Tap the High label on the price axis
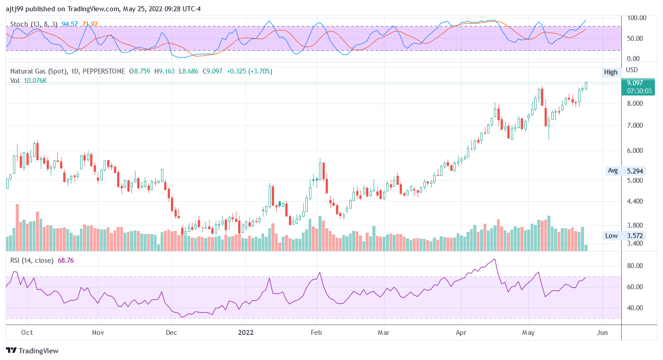coord(611,72)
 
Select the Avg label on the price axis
coord(612,170)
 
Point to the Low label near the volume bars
coord(611,236)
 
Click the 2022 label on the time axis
coord(246,333)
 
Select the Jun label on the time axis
coord(603,333)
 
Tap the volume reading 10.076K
coord(35,81)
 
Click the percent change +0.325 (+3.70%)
coord(249,71)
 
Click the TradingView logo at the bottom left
coord(32,351)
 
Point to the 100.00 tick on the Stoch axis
coord(637,18)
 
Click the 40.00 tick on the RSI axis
coord(635,308)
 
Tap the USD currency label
coord(632,70)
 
